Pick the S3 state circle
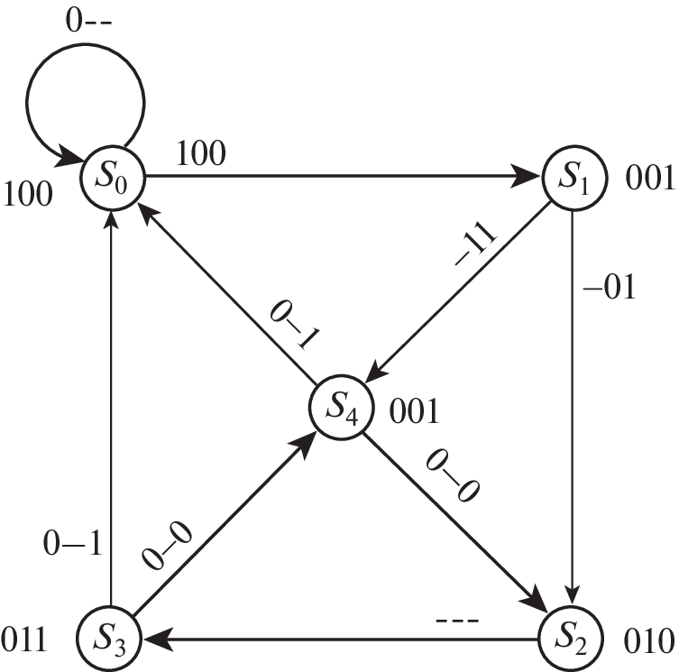[108, 640]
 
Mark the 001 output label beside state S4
[413, 413]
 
